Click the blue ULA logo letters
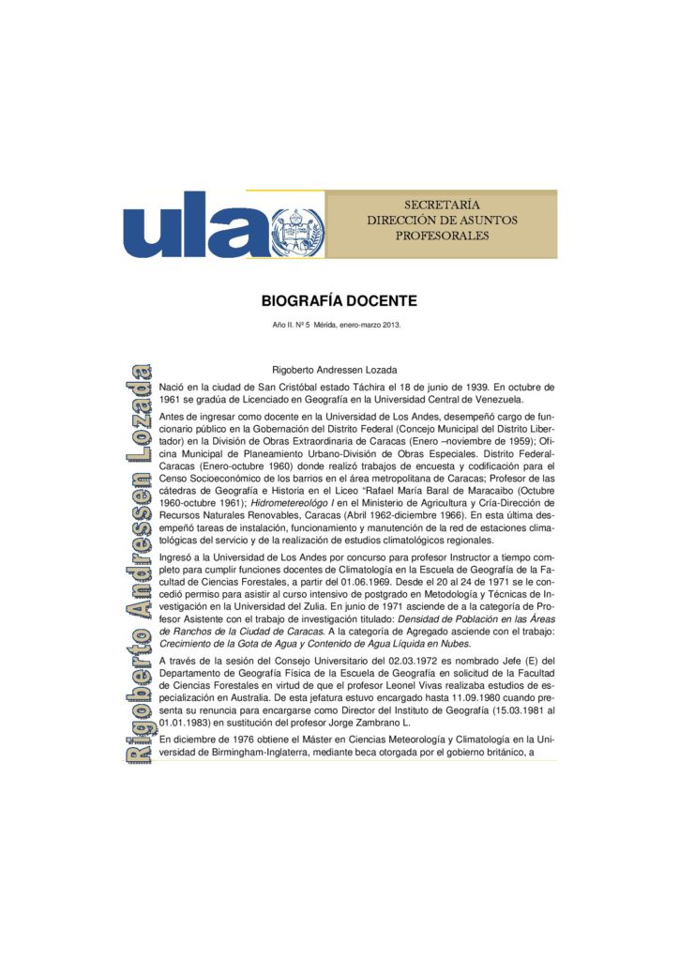[x=197, y=226]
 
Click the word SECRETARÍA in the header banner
[x=442, y=205]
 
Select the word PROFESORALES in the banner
[x=442, y=236]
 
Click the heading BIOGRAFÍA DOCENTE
[x=339, y=301]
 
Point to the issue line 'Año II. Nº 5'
[x=297, y=326]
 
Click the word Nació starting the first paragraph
[x=174, y=386]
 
